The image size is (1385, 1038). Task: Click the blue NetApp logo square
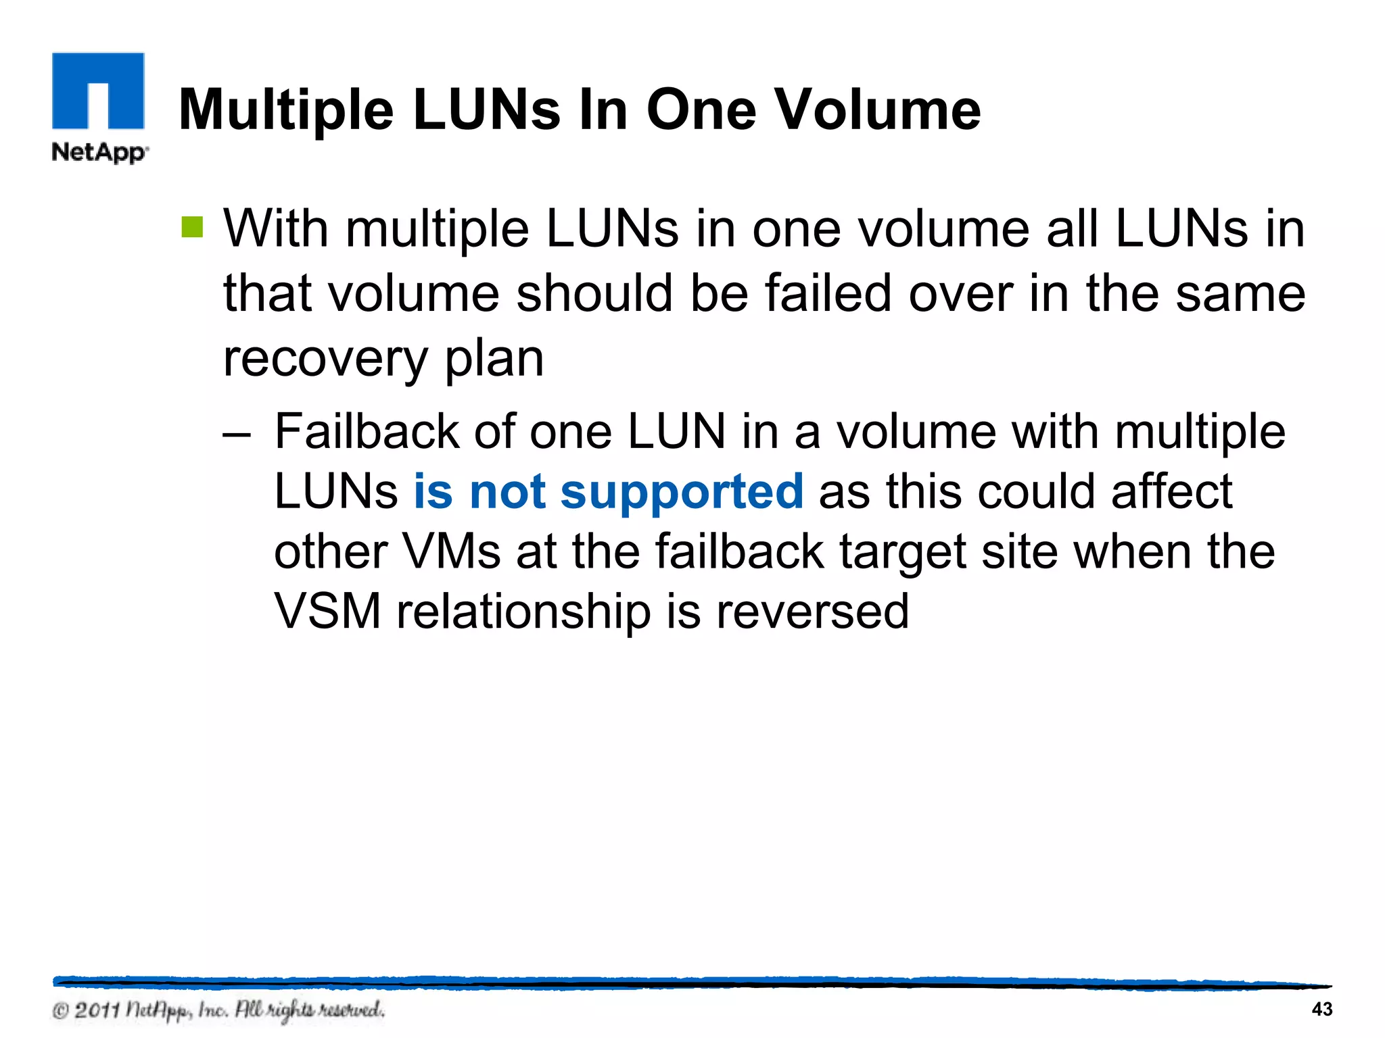click(x=98, y=91)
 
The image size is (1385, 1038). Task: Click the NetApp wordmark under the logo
click(x=100, y=152)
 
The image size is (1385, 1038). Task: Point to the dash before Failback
click(x=237, y=433)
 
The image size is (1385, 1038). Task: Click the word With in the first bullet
click(x=276, y=228)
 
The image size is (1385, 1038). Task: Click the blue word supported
click(x=682, y=492)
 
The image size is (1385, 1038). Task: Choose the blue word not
click(x=507, y=492)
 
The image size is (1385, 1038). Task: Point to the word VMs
click(x=452, y=551)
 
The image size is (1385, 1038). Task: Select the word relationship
click(x=524, y=611)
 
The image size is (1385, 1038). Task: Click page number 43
click(x=1321, y=1010)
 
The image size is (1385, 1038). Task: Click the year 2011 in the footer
click(x=97, y=1011)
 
